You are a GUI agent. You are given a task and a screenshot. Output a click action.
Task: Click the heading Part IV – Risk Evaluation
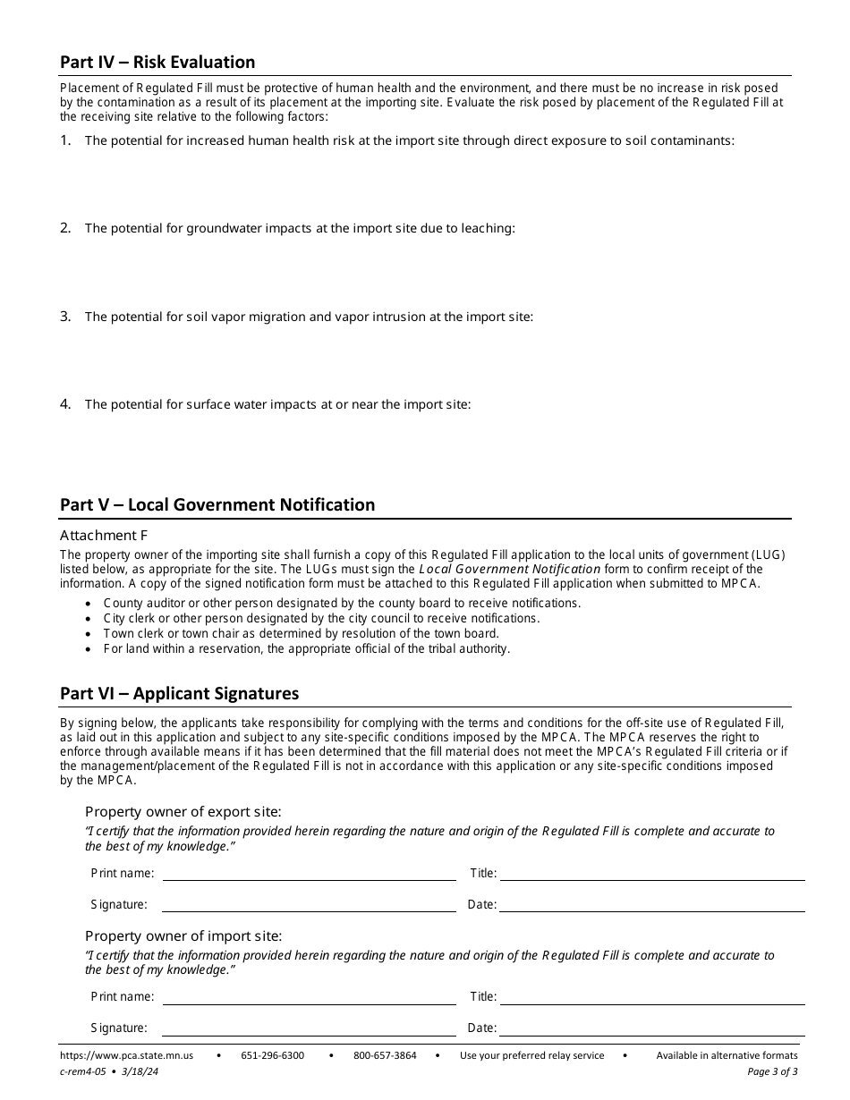click(x=157, y=62)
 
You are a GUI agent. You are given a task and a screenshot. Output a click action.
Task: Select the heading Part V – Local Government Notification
click(x=217, y=504)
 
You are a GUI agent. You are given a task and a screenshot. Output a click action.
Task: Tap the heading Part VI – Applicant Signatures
click(x=179, y=693)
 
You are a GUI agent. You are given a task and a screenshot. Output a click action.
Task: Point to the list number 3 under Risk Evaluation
click(x=65, y=316)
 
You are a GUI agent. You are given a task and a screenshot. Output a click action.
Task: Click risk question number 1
click(x=409, y=140)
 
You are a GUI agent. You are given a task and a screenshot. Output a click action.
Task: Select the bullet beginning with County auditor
click(x=342, y=603)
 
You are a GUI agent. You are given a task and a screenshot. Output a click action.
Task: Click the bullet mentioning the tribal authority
click(x=307, y=648)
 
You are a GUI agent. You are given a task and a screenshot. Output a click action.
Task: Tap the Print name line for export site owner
click(x=309, y=873)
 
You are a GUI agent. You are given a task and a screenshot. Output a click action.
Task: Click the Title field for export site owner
click(x=651, y=873)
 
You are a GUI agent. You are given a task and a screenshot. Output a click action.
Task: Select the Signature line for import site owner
click(x=309, y=1028)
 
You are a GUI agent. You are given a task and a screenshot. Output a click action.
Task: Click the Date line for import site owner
click(x=651, y=1028)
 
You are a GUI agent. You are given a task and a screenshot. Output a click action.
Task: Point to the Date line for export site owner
click(x=651, y=905)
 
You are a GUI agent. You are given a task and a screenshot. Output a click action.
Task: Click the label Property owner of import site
click(x=183, y=935)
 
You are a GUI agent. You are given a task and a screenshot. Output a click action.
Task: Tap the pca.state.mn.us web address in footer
click(x=126, y=1055)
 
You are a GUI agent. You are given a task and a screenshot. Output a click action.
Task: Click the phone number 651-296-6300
click(x=272, y=1055)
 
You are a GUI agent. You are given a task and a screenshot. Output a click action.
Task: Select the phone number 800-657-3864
click(x=385, y=1055)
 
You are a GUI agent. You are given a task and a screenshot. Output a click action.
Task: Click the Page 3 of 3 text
click(x=772, y=1070)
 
